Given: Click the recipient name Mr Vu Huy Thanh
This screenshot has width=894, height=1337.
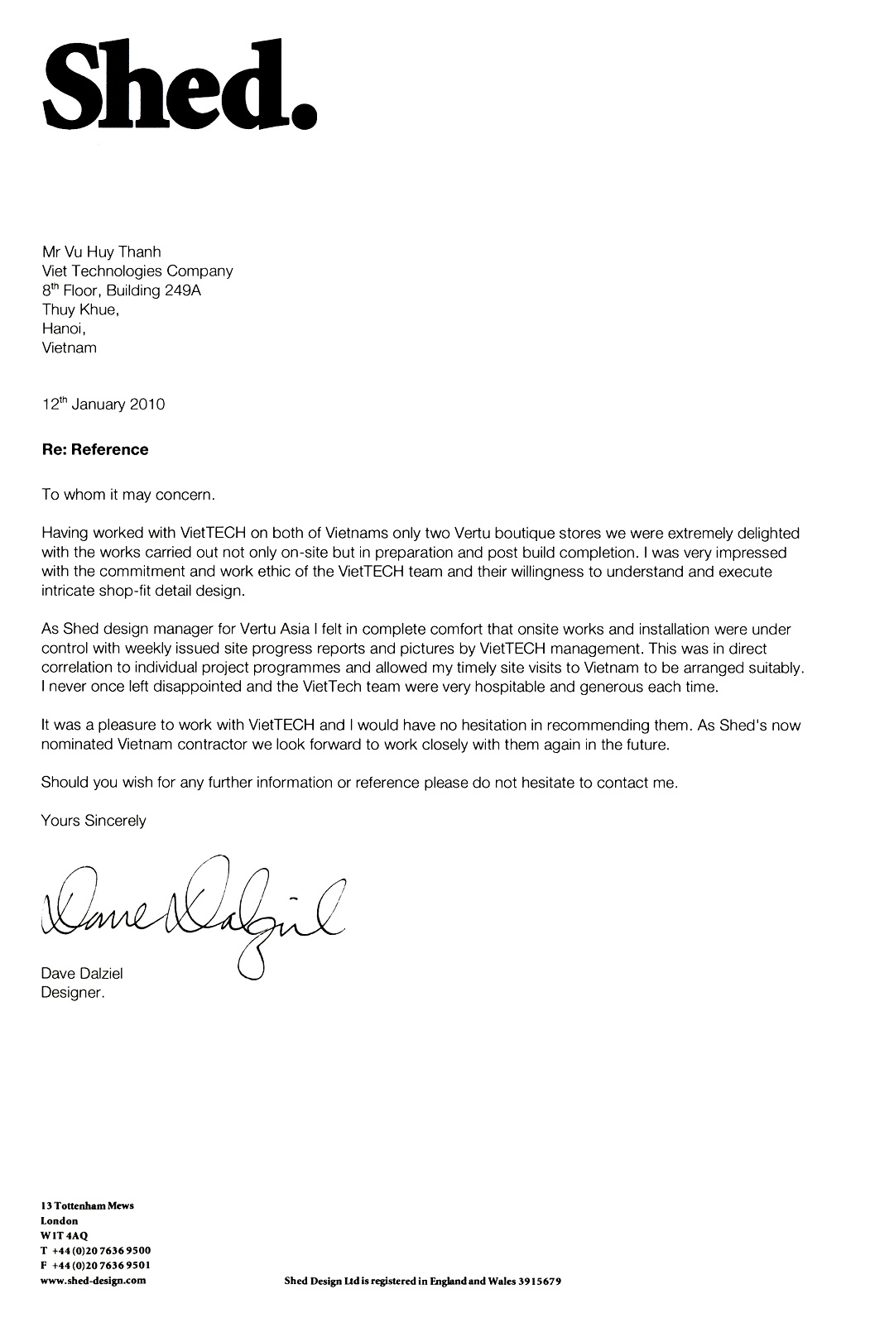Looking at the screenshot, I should coord(101,252).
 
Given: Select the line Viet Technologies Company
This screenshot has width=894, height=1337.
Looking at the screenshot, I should coord(137,271).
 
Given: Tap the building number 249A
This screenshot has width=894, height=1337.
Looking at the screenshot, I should coord(183,290).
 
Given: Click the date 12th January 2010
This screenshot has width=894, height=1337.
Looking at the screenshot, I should coord(103,405).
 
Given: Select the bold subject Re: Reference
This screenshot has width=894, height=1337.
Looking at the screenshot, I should coord(95,450).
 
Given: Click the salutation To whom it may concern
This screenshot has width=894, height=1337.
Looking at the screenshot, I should coord(128,495).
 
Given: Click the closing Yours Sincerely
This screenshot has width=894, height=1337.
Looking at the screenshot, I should coord(94,821).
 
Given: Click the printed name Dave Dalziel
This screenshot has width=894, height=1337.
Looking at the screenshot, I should coord(82,974).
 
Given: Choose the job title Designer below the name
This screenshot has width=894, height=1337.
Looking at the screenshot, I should coord(73,993).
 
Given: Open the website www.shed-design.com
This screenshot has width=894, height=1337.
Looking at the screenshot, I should coord(94,1280).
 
